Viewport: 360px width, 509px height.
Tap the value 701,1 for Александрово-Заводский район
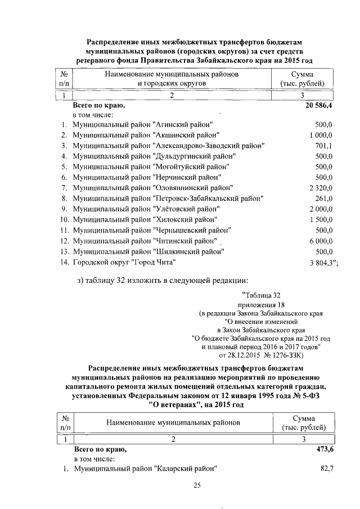click(322, 145)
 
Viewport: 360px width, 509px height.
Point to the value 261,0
click(323, 198)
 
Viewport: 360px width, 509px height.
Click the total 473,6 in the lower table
click(323, 450)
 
